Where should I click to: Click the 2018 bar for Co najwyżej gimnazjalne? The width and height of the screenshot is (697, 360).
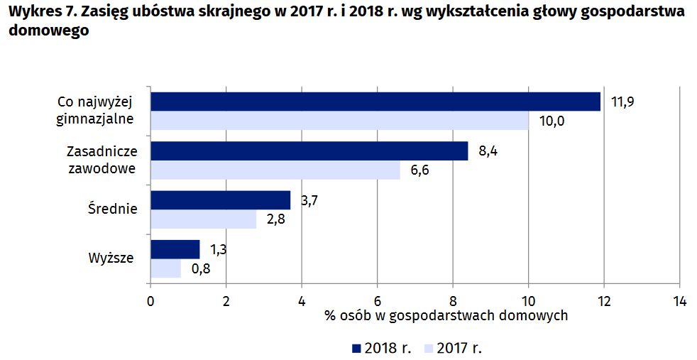click(x=375, y=102)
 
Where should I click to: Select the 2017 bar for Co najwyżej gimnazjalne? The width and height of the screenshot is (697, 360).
click(x=339, y=121)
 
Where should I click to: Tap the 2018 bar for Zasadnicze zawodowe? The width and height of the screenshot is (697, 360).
click(x=309, y=151)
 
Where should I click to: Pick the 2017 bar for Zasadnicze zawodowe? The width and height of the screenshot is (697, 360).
click(x=275, y=170)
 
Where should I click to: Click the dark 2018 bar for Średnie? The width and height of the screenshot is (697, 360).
click(x=220, y=200)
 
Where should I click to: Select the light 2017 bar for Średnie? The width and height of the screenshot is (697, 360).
click(x=203, y=219)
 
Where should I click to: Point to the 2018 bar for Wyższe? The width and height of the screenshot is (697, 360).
click(x=175, y=250)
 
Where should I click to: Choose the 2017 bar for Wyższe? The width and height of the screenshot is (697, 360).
click(x=165, y=268)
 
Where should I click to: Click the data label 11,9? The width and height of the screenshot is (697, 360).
click(x=622, y=102)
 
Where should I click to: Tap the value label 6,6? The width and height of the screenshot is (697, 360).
click(x=420, y=170)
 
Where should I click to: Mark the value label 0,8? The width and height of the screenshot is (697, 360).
click(x=201, y=269)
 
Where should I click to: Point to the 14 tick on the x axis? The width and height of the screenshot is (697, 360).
click(x=679, y=300)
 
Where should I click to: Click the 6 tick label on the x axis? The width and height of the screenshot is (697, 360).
click(x=377, y=300)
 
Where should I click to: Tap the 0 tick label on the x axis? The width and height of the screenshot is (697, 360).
click(x=150, y=300)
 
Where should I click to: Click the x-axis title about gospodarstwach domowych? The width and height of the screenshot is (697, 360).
click(x=446, y=315)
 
